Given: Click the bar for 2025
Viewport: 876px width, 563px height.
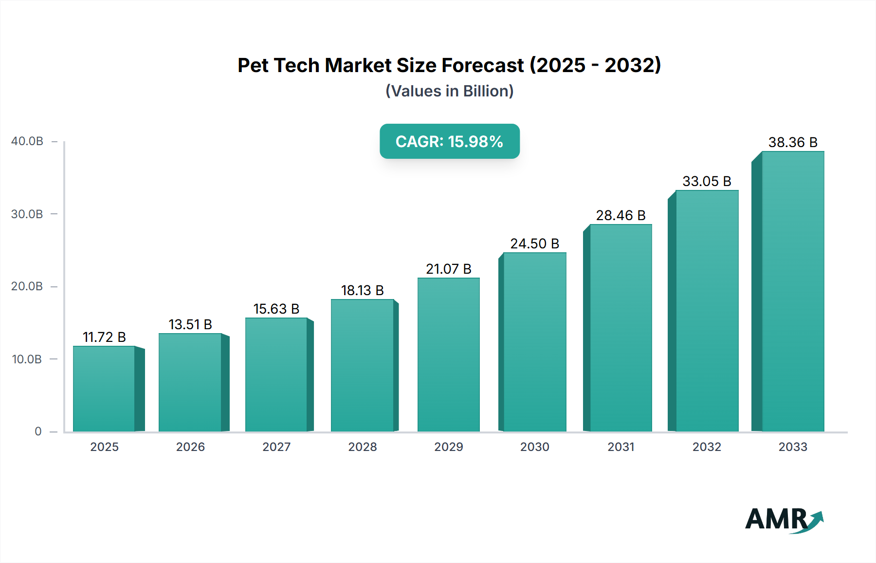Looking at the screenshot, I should point(104,389).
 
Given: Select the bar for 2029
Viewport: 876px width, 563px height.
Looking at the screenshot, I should point(448,355).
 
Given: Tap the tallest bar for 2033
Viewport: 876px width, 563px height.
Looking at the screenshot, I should point(792,291).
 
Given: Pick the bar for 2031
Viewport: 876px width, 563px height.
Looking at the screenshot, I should point(620,328).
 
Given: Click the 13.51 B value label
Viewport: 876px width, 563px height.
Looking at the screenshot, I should point(190,324).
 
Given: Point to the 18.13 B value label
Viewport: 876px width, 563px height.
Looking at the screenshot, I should point(363,290).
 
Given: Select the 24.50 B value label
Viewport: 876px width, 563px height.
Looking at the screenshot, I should point(534,244).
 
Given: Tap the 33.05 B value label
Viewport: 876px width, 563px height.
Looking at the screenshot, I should point(707,181).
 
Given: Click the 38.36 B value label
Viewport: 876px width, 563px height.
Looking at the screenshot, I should point(793,142).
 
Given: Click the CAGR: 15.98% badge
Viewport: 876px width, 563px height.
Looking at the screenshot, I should point(449,141).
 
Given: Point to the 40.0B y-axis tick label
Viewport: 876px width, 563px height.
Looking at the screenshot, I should point(27,141).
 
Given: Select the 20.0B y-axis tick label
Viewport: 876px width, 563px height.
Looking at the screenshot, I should point(27,286).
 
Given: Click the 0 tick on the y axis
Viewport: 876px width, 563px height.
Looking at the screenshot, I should point(38,432).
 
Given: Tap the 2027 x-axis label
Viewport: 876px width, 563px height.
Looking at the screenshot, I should point(276,447).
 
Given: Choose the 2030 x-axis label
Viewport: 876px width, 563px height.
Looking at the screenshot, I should point(534,447).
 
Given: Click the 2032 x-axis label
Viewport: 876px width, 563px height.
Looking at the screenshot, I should point(707,447).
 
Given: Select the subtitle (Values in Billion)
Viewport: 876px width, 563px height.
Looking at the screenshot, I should point(449,91).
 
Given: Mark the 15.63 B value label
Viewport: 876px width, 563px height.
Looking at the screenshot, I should point(276,309).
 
